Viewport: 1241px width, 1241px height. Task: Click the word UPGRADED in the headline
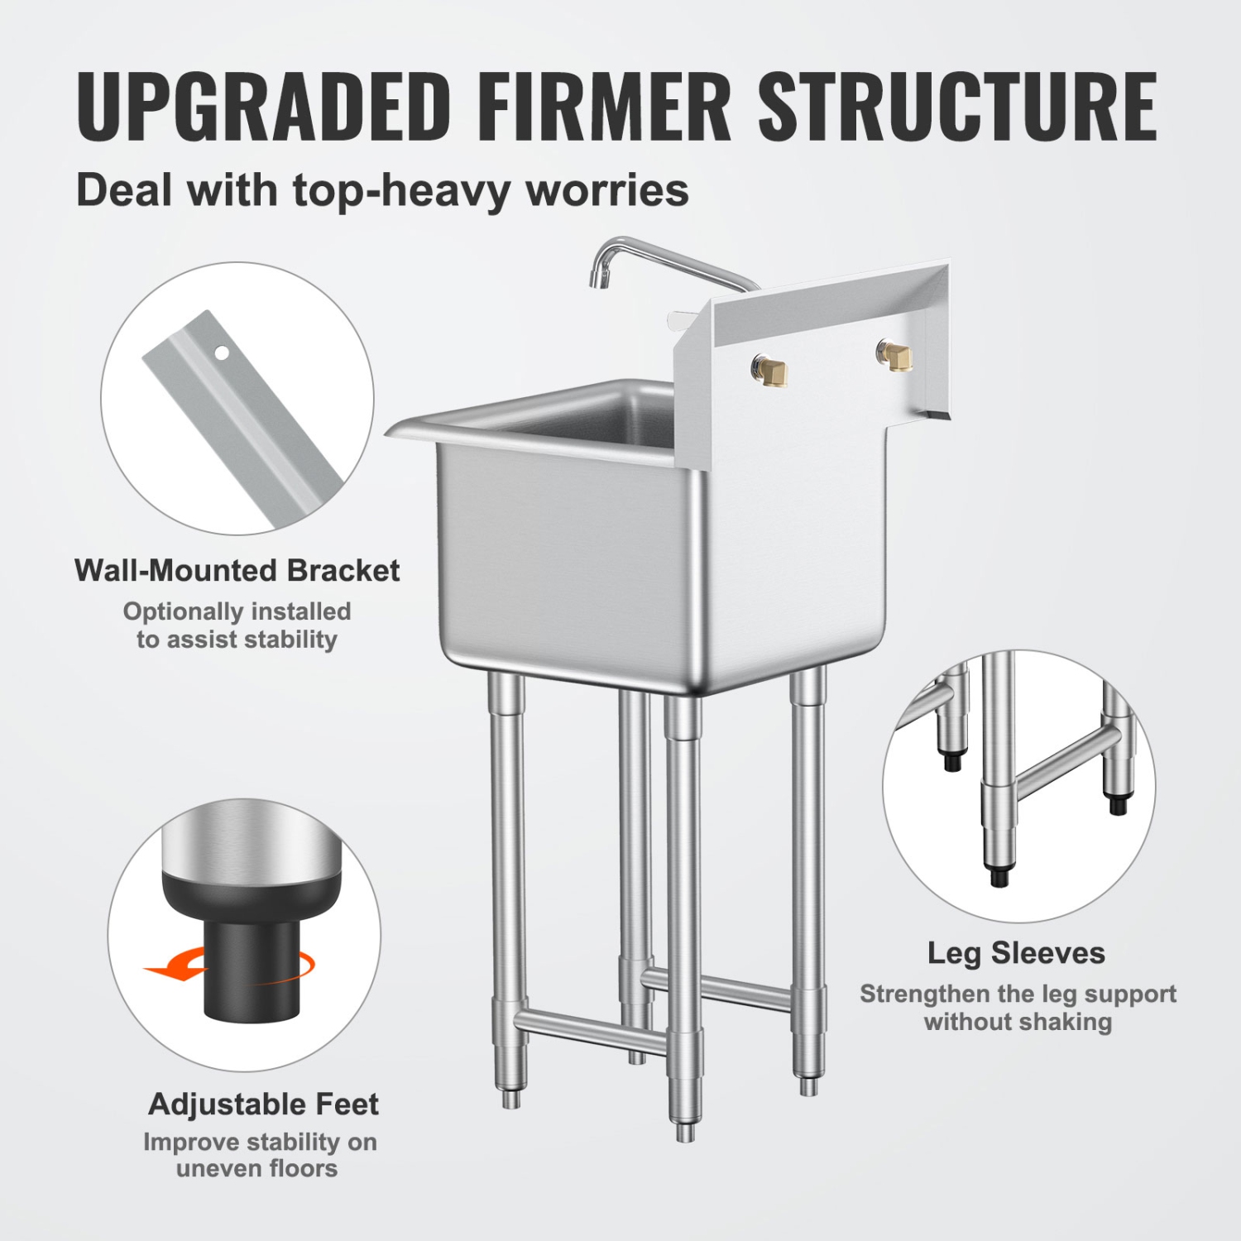(x=263, y=107)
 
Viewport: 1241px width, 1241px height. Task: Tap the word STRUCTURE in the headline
(x=957, y=107)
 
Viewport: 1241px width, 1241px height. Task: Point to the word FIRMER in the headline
(x=604, y=107)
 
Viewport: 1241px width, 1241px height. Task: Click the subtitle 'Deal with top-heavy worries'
(x=382, y=190)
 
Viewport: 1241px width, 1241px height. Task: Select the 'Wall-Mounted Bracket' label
(x=237, y=571)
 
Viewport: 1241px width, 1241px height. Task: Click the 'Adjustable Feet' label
(x=263, y=1104)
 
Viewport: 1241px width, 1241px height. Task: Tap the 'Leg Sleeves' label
(x=1016, y=953)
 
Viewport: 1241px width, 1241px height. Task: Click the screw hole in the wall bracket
(x=222, y=353)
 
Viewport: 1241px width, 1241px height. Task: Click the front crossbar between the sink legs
(x=589, y=1030)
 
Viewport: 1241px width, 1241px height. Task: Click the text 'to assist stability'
(x=237, y=640)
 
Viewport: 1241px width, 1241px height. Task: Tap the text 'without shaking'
(x=1018, y=1022)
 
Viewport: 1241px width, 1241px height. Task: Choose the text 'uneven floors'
(x=256, y=1168)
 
